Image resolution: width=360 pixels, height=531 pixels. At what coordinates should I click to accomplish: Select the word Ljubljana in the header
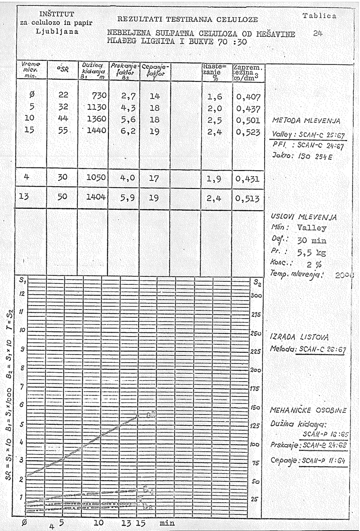(57, 32)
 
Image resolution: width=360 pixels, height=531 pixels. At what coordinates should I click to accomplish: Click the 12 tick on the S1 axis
(21, 293)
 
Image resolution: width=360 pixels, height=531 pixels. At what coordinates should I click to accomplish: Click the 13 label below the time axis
(126, 523)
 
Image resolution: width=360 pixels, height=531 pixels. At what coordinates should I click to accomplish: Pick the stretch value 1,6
(215, 97)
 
